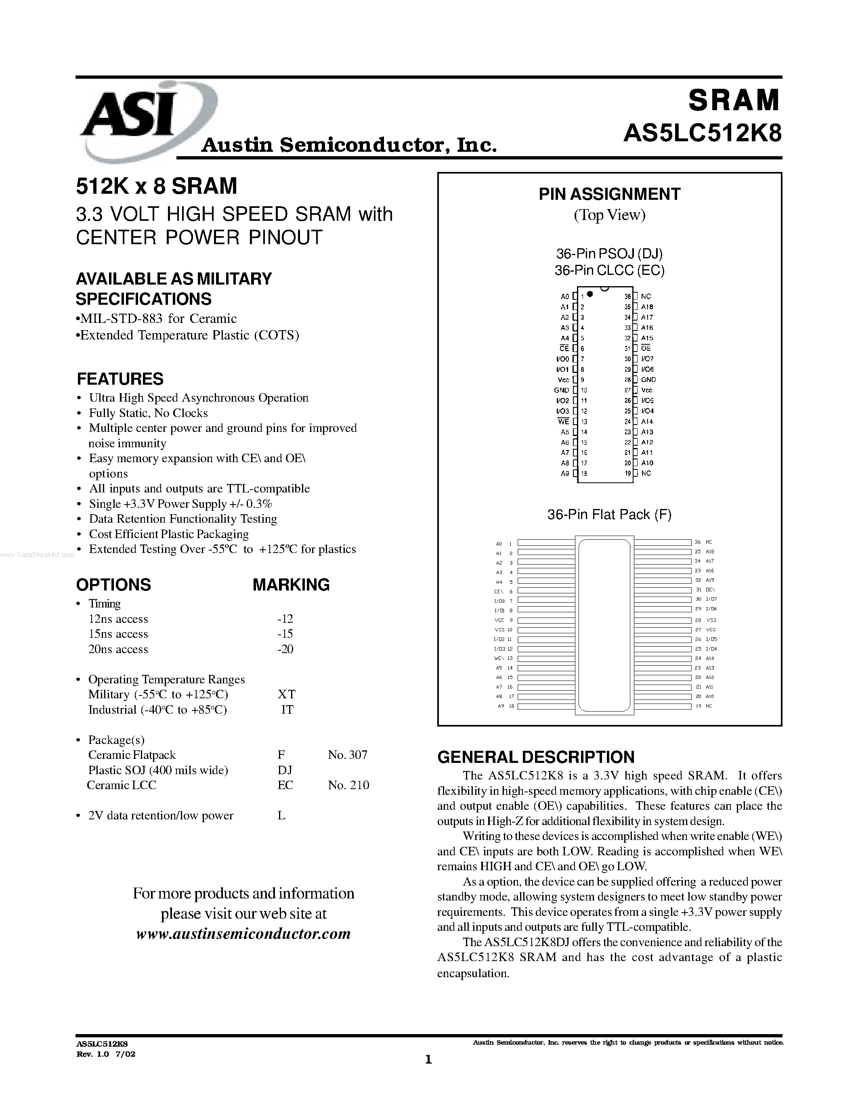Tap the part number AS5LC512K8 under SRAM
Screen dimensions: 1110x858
[702, 134]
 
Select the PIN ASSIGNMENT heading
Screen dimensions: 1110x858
[609, 194]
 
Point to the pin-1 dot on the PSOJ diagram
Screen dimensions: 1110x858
[589, 294]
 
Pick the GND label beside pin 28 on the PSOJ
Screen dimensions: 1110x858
[648, 380]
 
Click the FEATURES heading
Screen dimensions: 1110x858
[120, 379]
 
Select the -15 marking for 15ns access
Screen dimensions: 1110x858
[285, 634]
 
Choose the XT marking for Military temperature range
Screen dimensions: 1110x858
[287, 694]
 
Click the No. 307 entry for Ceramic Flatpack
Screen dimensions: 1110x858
[347, 755]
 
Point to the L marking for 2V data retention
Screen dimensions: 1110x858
[281, 815]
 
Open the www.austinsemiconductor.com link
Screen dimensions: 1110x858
[243, 934]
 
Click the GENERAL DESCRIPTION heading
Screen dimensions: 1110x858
[536, 757]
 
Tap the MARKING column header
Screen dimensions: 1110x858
[291, 584]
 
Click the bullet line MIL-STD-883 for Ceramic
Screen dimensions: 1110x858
[156, 318]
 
